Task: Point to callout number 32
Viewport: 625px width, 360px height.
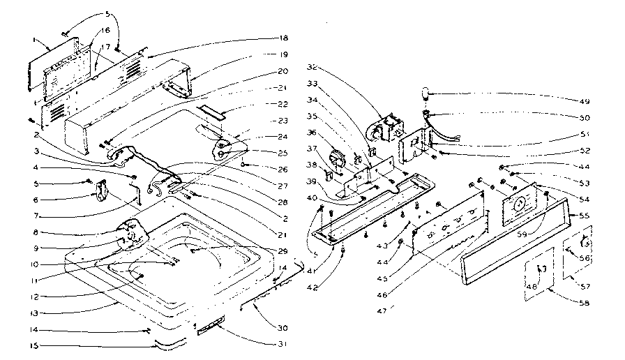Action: pyautogui.click(x=312, y=68)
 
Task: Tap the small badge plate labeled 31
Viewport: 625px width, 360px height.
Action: pyautogui.click(x=211, y=328)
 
